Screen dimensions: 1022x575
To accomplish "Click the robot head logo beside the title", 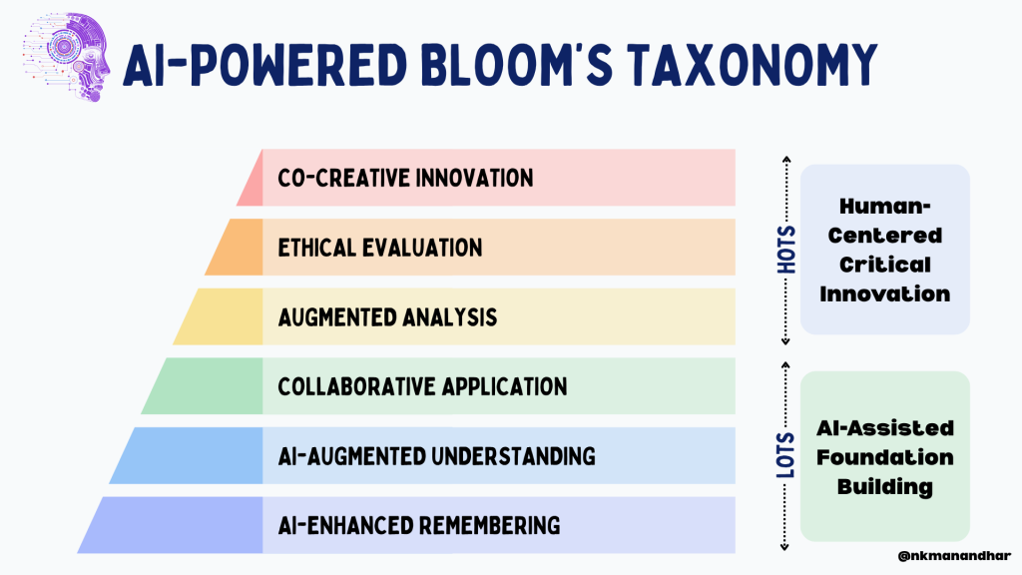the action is pos(66,57).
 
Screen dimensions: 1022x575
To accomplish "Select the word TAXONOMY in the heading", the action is pos(753,65).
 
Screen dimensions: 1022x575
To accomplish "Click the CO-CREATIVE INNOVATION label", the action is pos(405,178).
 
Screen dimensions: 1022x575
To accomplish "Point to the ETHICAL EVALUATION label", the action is pos(380,248).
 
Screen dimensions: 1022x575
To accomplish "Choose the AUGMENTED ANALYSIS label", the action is pos(387,317).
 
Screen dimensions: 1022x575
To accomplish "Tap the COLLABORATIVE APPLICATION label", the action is pos(422,386).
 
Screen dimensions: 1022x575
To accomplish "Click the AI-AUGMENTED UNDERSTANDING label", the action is pos(437,456).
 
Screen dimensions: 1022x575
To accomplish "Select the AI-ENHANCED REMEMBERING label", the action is pos(419,525).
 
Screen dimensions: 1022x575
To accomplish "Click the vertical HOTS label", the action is pos(786,250).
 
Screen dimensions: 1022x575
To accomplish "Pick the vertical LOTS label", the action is pos(786,455).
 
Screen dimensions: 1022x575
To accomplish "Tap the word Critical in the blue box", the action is pos(885,265).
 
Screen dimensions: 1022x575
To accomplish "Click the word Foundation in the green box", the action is pos(885,457).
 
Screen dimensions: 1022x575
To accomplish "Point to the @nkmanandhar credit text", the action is pos(954,556).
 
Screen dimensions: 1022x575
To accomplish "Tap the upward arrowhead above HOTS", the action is pos(786,159).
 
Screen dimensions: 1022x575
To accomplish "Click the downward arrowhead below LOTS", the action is pos(784,547).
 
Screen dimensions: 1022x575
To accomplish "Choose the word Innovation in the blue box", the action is pos(885,294).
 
